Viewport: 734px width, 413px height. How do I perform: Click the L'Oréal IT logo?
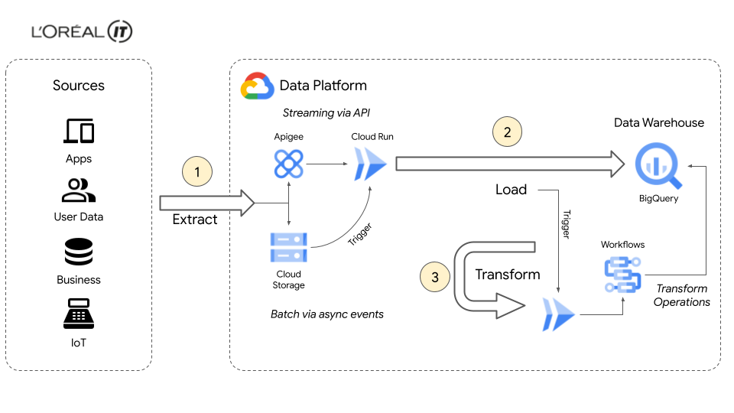83,32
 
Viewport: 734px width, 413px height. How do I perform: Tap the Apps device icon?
78,132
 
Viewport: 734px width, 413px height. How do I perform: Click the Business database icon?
78,252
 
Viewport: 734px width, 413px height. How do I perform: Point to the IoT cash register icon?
78,314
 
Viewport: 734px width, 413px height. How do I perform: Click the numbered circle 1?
197,173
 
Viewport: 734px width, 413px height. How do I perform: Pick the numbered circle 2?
506,132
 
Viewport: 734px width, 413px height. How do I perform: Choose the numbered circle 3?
435,277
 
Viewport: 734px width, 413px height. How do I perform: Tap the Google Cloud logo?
257,86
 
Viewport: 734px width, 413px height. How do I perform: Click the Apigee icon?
288,164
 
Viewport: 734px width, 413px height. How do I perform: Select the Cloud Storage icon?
288,246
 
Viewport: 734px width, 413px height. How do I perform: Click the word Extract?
195,220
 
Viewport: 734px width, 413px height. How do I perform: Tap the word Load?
511,190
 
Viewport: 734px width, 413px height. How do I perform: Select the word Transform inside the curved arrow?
508,275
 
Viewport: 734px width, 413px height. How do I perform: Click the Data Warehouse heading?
659,122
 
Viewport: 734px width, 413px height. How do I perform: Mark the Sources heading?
78,86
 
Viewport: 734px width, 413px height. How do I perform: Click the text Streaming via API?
326,113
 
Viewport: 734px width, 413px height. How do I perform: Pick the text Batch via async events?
326,314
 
